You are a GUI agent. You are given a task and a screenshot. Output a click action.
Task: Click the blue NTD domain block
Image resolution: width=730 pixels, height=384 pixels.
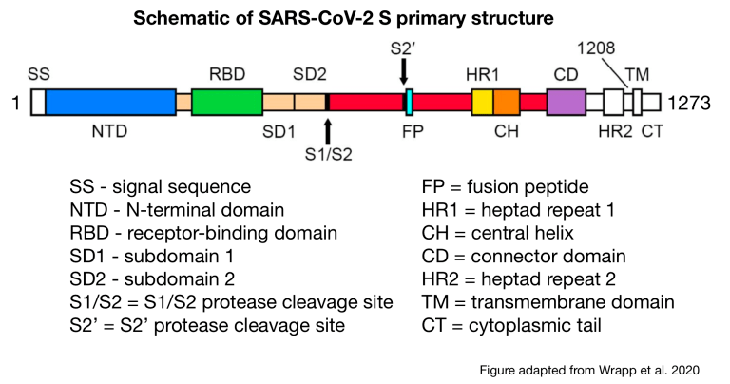tap(110, 103)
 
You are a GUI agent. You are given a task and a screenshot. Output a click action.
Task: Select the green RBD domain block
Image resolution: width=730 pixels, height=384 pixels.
tap(227, 103)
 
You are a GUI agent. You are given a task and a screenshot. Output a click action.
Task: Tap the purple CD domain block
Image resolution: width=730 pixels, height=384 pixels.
tap(566, 103)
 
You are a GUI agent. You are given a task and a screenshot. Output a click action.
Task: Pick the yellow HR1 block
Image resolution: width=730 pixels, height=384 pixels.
tap(482, 103)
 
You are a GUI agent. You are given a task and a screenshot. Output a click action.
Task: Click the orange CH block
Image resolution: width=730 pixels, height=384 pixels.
tap(507, 103)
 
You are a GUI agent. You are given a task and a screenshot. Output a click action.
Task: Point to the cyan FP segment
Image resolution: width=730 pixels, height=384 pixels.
tap(409, 103)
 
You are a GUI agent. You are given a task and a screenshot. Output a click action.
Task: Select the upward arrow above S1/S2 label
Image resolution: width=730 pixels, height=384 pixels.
tap(328, 130)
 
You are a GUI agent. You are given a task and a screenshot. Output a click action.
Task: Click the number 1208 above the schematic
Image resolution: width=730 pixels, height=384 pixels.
tap(596, 46)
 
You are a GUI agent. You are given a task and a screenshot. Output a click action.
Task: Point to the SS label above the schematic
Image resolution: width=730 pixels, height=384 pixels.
tap(39, 73)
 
